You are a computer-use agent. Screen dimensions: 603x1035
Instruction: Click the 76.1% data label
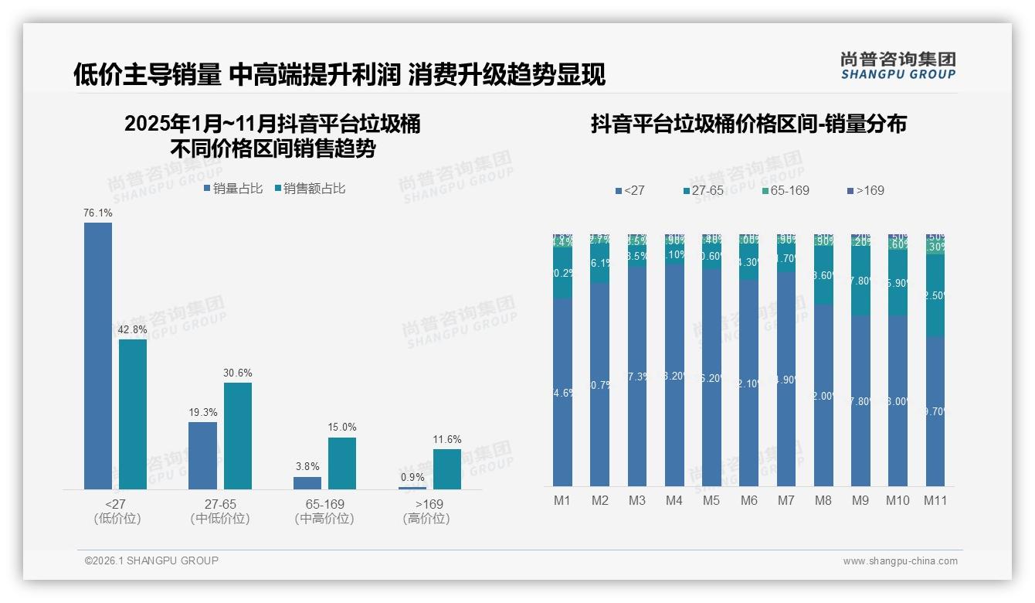(98, 213)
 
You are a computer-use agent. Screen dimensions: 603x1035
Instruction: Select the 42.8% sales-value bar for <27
(133, 414)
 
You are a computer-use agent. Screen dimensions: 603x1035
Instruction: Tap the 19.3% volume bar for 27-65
(202, 455)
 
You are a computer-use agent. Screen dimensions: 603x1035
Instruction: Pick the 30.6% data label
(238, 373)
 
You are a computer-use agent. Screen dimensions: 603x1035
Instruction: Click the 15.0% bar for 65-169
(342, 463)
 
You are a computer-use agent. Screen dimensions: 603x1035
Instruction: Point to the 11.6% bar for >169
(447, 469)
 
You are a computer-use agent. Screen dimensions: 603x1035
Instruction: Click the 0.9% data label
(412, 477)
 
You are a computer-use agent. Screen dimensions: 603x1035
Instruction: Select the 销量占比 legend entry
(233, 188)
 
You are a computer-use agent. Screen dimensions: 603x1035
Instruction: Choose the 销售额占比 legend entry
(310, 188)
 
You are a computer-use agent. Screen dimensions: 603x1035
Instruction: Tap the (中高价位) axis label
(324, 519)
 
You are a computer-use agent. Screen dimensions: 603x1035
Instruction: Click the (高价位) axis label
(426, 519)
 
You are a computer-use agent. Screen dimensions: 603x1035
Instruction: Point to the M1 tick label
(562, 500)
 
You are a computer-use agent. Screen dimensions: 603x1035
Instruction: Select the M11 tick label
(935, 500)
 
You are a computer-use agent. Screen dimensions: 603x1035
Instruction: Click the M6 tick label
(748, 500)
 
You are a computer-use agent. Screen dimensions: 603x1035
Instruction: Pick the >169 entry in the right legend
(866, 190)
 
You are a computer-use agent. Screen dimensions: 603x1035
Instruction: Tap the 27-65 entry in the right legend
(704, 190)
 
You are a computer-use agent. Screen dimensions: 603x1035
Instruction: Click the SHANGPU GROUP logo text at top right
(898, 74)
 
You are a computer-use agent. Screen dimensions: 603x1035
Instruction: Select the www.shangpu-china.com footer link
(900, 561)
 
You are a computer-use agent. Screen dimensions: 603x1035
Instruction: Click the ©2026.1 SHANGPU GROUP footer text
(151, 560)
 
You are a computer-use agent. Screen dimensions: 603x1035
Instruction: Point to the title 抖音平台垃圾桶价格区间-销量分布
(748, 124)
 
